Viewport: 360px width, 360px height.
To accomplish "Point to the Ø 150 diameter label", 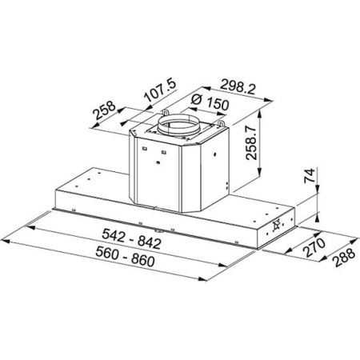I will [206, 104].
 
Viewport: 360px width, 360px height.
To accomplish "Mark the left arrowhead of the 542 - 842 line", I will [29, 225].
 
